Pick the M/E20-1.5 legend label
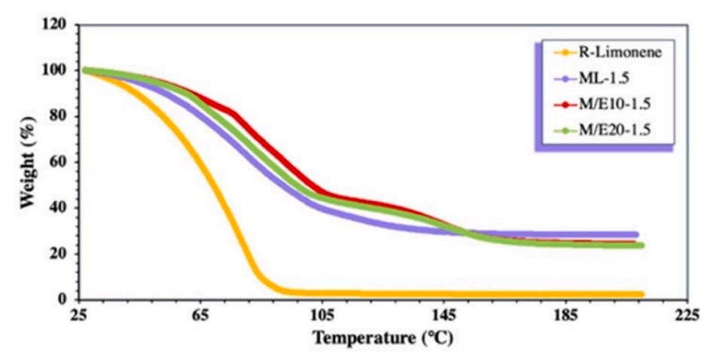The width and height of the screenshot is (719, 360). (611, 130)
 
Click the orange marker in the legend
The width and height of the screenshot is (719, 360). (560, 52)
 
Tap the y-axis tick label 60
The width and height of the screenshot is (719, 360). (61, 162)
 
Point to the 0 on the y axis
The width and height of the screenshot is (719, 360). (65, 299)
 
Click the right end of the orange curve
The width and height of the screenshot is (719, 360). (641, 294)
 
